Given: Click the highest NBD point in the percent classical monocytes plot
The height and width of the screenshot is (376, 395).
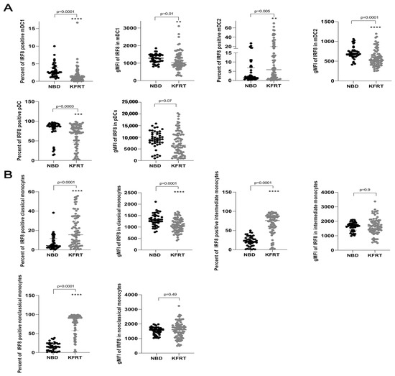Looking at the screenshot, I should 32,212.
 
